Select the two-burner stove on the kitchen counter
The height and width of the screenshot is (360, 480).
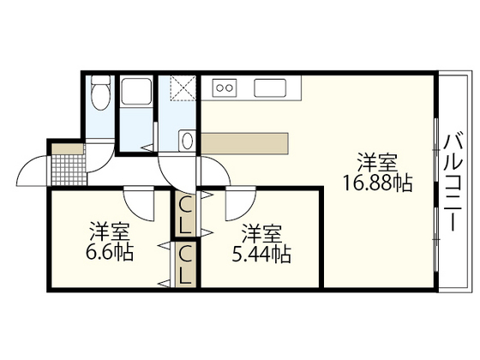(224, 87)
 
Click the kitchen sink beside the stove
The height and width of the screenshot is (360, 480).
(273, 87)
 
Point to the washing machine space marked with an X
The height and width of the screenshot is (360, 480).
(183, 89)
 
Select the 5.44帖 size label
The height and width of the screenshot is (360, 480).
(262, 255)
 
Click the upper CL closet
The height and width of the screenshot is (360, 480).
(185, 213)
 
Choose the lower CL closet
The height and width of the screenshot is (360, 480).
(185, 265)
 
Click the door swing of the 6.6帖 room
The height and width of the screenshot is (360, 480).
(137, 204)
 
